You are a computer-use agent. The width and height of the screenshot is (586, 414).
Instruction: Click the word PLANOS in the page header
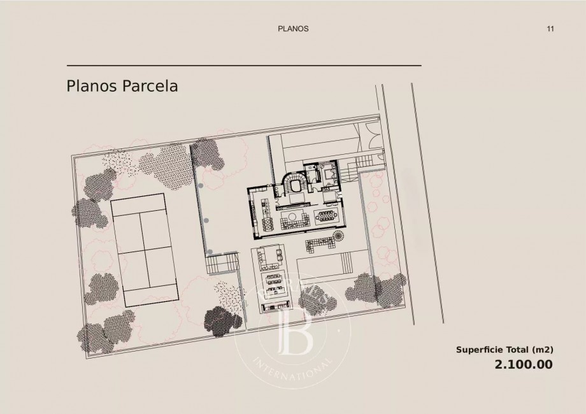click(293, 29)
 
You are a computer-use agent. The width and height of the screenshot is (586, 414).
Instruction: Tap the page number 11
click(550, 29)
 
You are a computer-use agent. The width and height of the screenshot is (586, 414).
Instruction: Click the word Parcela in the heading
click(150, 86)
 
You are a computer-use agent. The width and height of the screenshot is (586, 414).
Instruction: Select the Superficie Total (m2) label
click(504, 350)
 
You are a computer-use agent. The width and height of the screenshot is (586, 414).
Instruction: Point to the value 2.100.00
click(524, 364)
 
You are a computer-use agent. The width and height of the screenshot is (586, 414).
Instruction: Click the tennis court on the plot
click(144, 250)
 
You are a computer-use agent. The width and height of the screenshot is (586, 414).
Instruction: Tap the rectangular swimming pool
click(325, 268)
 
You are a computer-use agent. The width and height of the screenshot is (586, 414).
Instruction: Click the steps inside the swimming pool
click(347, 262)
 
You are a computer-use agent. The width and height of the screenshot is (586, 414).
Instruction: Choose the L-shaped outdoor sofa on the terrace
click(320, 245)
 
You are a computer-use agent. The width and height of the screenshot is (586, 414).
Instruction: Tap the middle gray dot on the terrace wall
click(206, 220)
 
